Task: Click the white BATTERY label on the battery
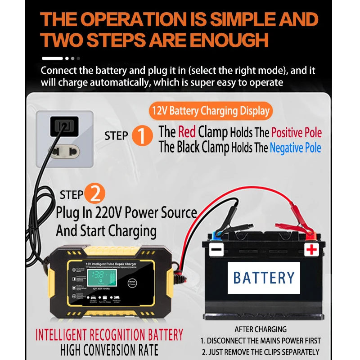tap(264, 277)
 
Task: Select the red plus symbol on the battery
tap(311, 250)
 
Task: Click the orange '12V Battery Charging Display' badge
tap(209, 111)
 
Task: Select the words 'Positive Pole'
tap(296, 133)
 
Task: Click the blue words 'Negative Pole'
tap(296, 148)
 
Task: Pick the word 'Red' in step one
tap(187, 132)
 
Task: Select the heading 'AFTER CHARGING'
tap(261, 330)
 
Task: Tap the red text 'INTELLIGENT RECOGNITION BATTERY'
tap(109, 335)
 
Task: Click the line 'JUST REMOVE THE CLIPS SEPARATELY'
tap(261, 352)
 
